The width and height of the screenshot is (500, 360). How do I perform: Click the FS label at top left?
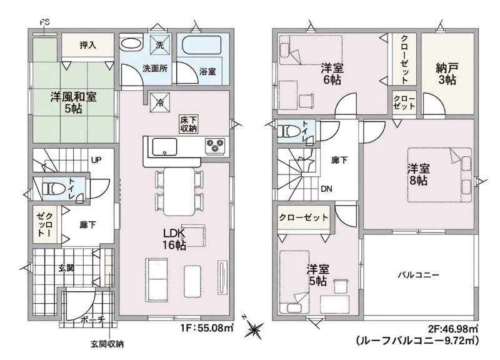[x=44, y=23]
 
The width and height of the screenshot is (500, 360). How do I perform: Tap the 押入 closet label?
[x=87, y=45]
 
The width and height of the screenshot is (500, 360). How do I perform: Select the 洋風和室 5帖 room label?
[x=73, y=102]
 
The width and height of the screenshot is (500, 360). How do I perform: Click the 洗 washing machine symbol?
[x=160, y=45]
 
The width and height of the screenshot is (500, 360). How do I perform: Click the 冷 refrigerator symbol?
[x=159, y=102]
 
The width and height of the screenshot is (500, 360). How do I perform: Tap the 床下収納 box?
[x=189, y=124]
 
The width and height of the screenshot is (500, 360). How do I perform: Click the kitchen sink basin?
[x=164, y=147]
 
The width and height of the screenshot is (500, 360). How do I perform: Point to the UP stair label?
[x=96, y=160]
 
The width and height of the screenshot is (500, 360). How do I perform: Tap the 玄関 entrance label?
[x=66, y=268]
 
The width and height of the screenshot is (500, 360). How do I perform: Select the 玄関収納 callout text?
[x=107, y=344]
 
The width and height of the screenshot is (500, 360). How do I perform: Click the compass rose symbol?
[x=254, y=328]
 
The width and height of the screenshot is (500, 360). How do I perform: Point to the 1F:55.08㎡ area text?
[x=207, y=327]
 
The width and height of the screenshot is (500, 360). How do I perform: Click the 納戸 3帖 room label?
[x=447, y=74]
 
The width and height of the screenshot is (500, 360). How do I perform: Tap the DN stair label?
[x=326, y=189]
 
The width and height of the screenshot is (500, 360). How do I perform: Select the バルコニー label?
[x=418, y=275]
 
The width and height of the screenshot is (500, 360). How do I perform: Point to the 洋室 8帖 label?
[x=418, y=174]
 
